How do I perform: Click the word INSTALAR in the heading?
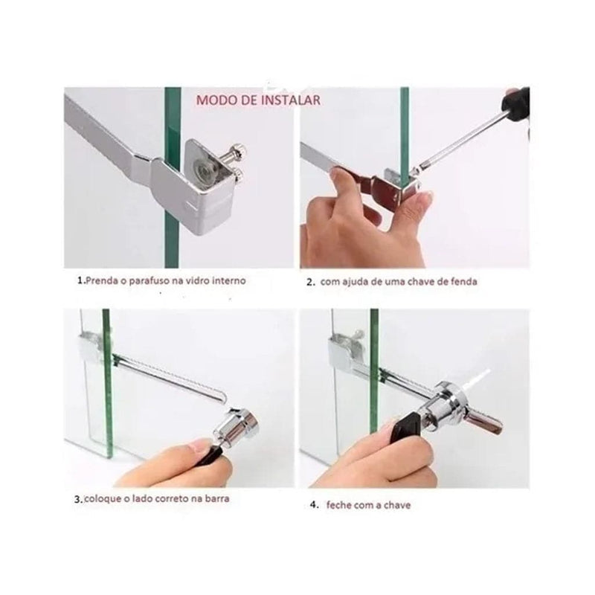click(x=291, y=100)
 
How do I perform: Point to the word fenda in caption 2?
click(x=464, y=282)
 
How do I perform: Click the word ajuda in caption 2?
click(x=356, y=282)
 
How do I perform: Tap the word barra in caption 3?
click(x=217, y=498)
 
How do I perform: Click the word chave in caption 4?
click(x=397, y=505)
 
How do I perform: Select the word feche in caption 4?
click(x=339, y=505)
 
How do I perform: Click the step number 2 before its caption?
click(x=310, y=283)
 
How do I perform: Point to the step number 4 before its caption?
click(x=313, y=505)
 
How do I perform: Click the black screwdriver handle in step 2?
click(x=516, y=104)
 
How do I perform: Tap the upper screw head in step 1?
click(x=239, y=152)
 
